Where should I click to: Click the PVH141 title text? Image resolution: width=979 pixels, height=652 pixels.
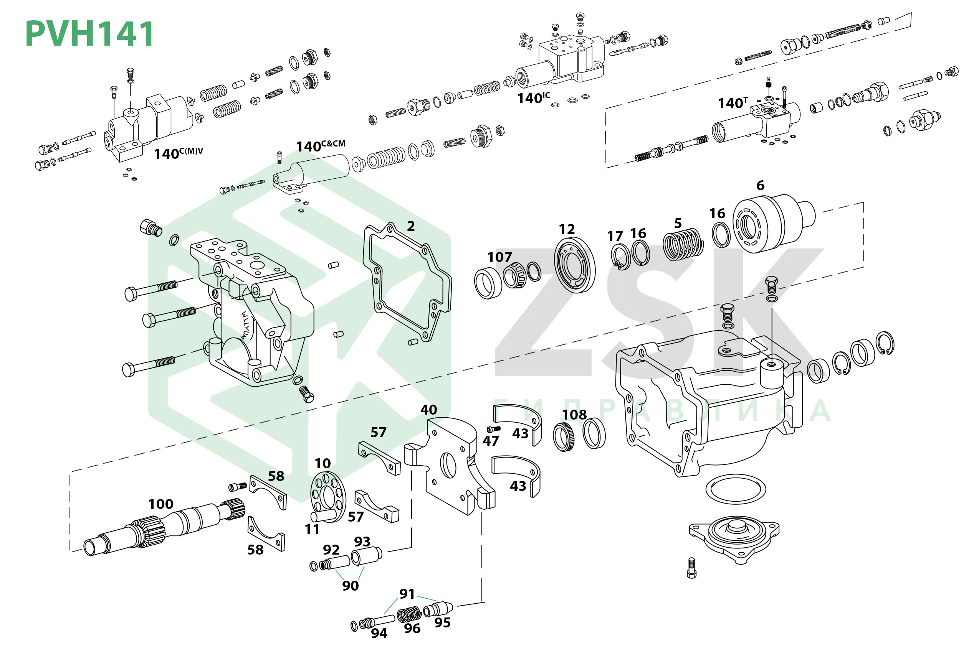click(89, 34)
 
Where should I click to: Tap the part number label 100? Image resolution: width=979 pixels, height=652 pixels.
click(161, 504)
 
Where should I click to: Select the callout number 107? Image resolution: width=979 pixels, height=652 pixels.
click(499, 257)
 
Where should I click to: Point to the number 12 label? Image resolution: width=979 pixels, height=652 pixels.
click(567, 229)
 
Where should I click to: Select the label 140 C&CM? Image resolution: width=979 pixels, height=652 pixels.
click(321, 146)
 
